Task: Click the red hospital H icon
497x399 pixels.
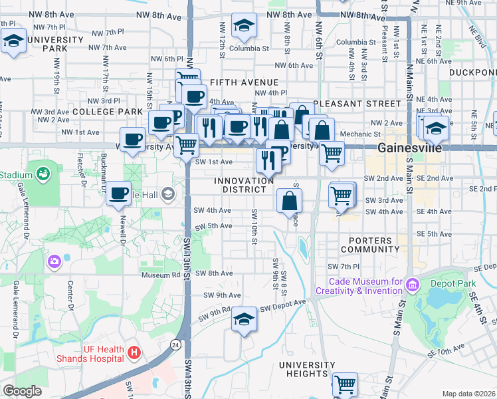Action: (134, 350)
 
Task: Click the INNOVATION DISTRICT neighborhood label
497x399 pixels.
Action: (244, 186)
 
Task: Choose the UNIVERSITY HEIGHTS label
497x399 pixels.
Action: (312, 370)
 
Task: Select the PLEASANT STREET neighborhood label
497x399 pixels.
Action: (357, 104)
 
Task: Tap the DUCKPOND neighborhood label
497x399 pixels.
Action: (472, 72)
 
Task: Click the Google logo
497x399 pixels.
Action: (22, 391)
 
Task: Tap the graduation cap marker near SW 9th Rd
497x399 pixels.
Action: (244, 320)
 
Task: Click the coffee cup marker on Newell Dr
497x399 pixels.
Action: (119, 194)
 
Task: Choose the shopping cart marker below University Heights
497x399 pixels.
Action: (345, 384)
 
